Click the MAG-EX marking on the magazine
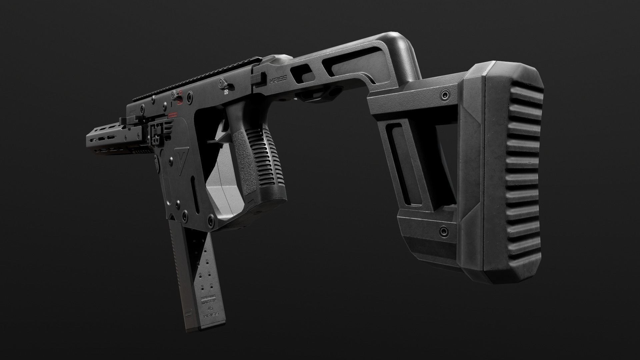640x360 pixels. click(x=209, y=302)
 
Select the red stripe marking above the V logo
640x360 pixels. click(x=172, y=115)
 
